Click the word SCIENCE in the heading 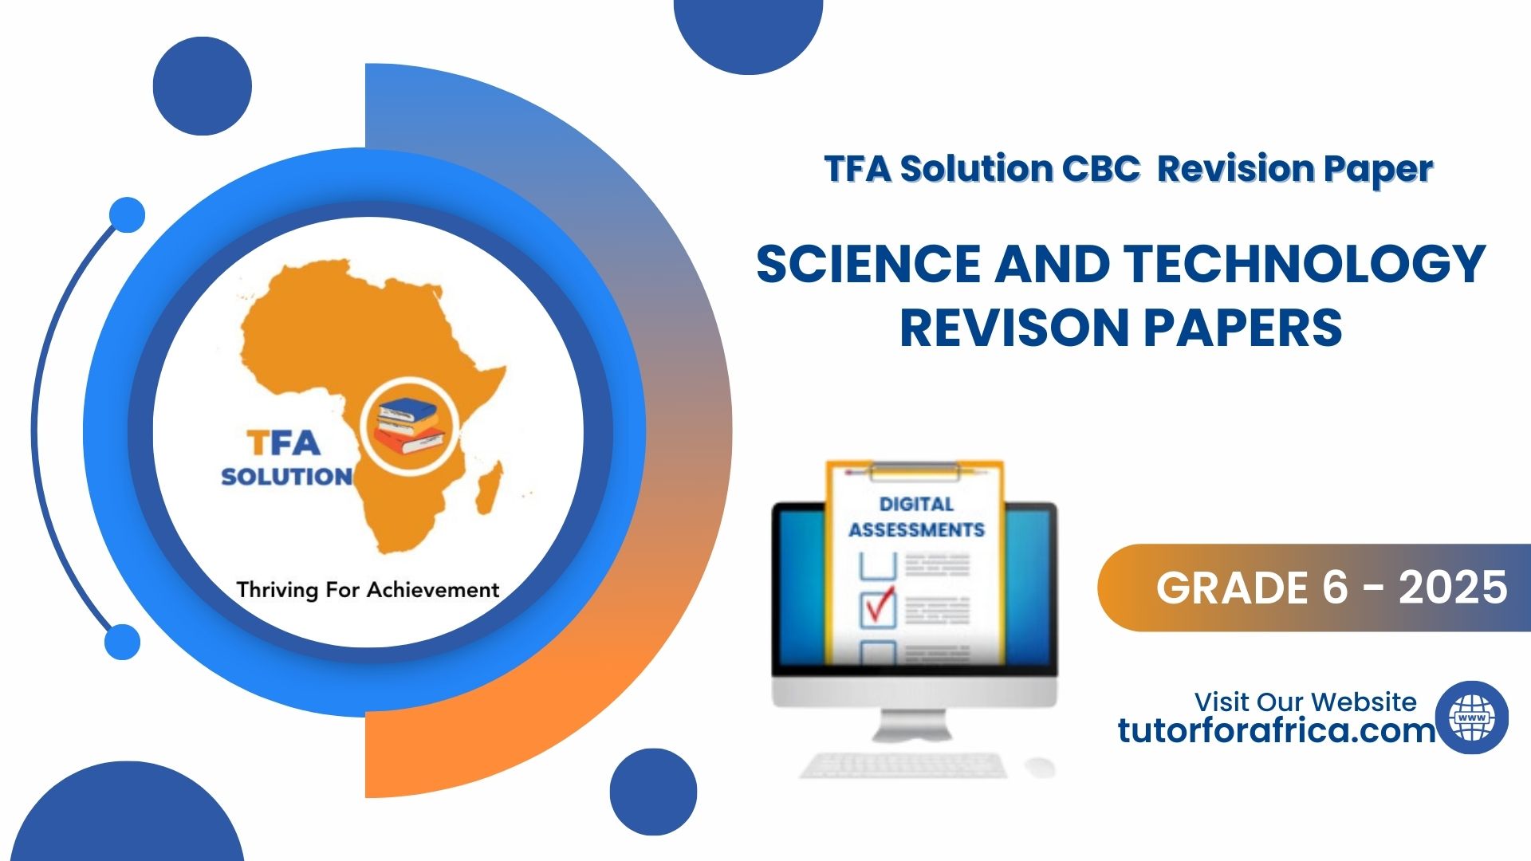(868, 263)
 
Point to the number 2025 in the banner (1453, 588)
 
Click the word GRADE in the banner (1232, 588)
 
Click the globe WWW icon (1472, 717)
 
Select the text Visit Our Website (1305, 702)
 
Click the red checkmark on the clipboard (878, 606)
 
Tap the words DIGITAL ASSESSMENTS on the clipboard (916, 517)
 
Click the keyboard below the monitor (903, 765)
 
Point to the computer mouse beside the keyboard (1040, 767)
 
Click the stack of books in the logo (410, 425)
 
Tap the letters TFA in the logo (283, 442)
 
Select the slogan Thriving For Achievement (368, 589)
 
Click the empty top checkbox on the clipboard (878, 565)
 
